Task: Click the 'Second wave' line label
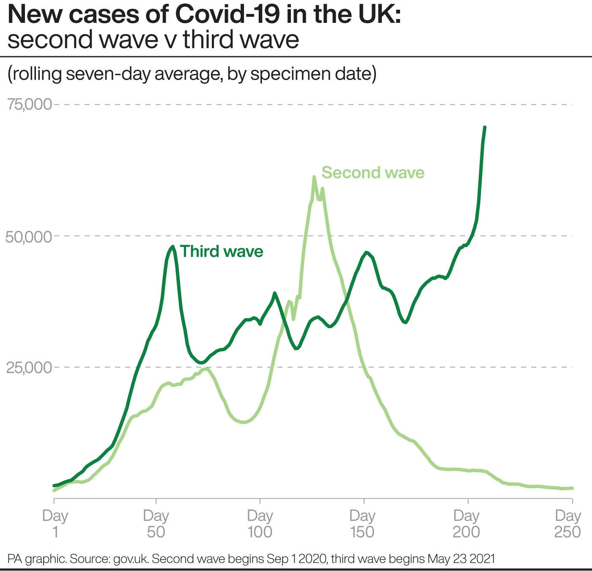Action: point(373,173)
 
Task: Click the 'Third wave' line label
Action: point(222,251)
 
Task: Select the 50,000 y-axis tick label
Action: point(29,236)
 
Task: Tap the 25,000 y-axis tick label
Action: point(29,368)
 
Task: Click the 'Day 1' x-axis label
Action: point(55,523)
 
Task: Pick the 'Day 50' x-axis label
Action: point(156,523)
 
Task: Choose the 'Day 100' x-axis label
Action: point(260,523)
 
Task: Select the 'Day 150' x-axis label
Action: point(362,523)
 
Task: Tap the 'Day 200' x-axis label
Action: point(466,523)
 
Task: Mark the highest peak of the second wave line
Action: point(314,177)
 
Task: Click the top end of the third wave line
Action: point(485,127)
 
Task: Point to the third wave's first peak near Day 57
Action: point(173,247)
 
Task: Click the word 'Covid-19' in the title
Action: point(227,15)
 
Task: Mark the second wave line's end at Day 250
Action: point(572,488)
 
